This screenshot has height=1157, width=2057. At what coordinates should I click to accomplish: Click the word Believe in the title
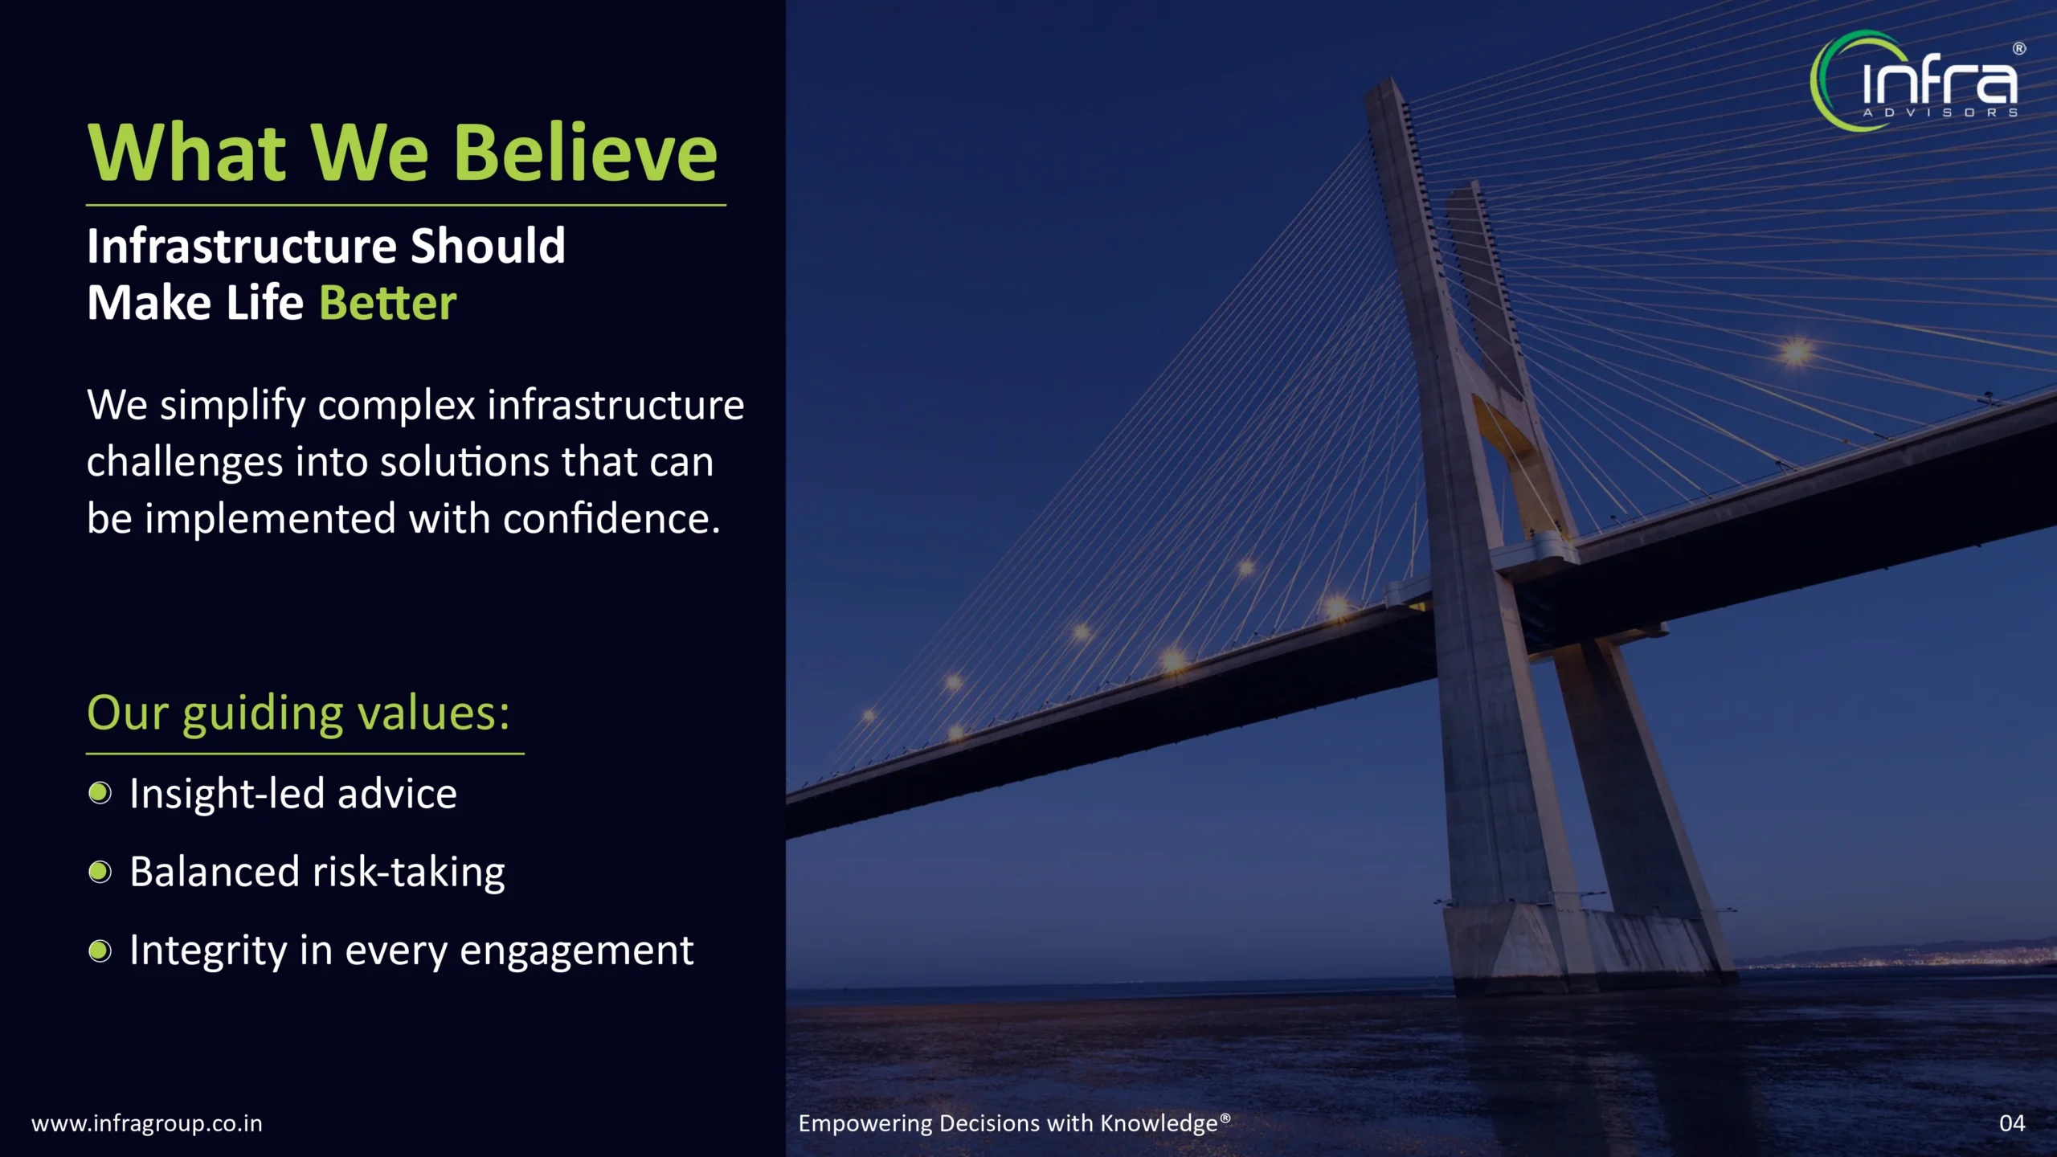click(x=586, y=153)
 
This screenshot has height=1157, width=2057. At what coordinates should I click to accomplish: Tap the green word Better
click(x=388, y=303)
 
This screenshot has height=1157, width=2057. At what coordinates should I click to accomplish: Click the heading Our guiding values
click(x=298, y=713)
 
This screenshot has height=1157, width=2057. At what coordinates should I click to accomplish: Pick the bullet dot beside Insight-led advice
click(x=100, y=793)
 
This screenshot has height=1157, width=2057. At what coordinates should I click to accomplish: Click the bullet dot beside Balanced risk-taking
click(x=100, y=872)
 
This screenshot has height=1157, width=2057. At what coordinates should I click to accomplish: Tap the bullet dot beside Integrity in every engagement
click(x=100, y=951)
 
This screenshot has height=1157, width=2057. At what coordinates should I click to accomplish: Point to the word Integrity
click(x=208, y=952)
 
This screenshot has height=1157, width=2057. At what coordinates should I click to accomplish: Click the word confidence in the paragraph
click(x=611, y=519)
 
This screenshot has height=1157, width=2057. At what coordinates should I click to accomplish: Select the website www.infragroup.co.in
click(x=147, y=1123)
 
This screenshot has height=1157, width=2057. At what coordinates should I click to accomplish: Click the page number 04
click(x=2012, y=1123)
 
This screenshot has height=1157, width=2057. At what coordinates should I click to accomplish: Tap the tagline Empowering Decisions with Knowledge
click(x=1014, y=1123)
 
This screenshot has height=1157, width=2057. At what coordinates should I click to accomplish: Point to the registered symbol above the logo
click(x=2019, y=48)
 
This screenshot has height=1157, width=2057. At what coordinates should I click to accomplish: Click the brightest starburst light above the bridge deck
click(x=1797, y=352)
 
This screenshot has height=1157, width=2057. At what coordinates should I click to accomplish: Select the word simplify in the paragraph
click(x=233, y=407)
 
